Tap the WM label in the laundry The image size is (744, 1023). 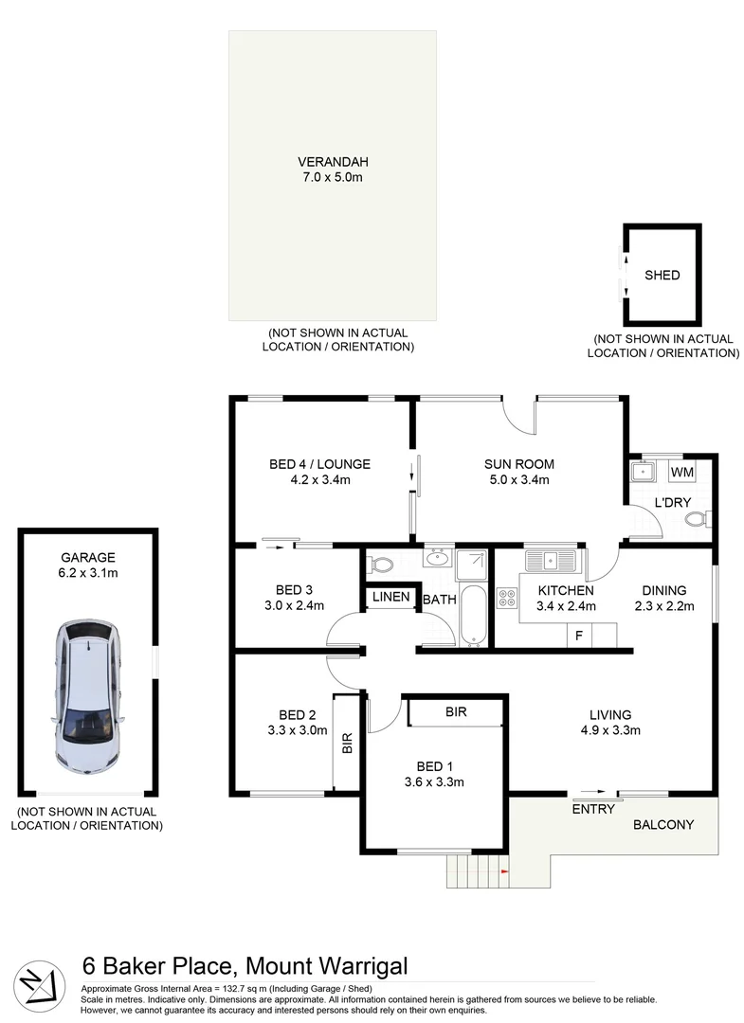(681, 472)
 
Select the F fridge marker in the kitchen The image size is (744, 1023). (578, 635)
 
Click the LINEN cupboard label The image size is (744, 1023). (390, 597)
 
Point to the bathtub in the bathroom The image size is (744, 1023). (472, 615)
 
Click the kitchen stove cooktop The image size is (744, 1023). (507, 598)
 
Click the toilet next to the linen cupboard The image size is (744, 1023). (381, 564)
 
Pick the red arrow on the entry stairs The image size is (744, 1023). (504, 869)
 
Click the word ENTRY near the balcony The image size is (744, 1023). (593, 809)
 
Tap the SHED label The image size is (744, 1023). (662, 276)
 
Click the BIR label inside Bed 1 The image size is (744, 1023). (455, 711)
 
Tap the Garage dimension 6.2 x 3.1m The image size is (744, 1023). (88, 573)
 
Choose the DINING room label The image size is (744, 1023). (663, 590)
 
